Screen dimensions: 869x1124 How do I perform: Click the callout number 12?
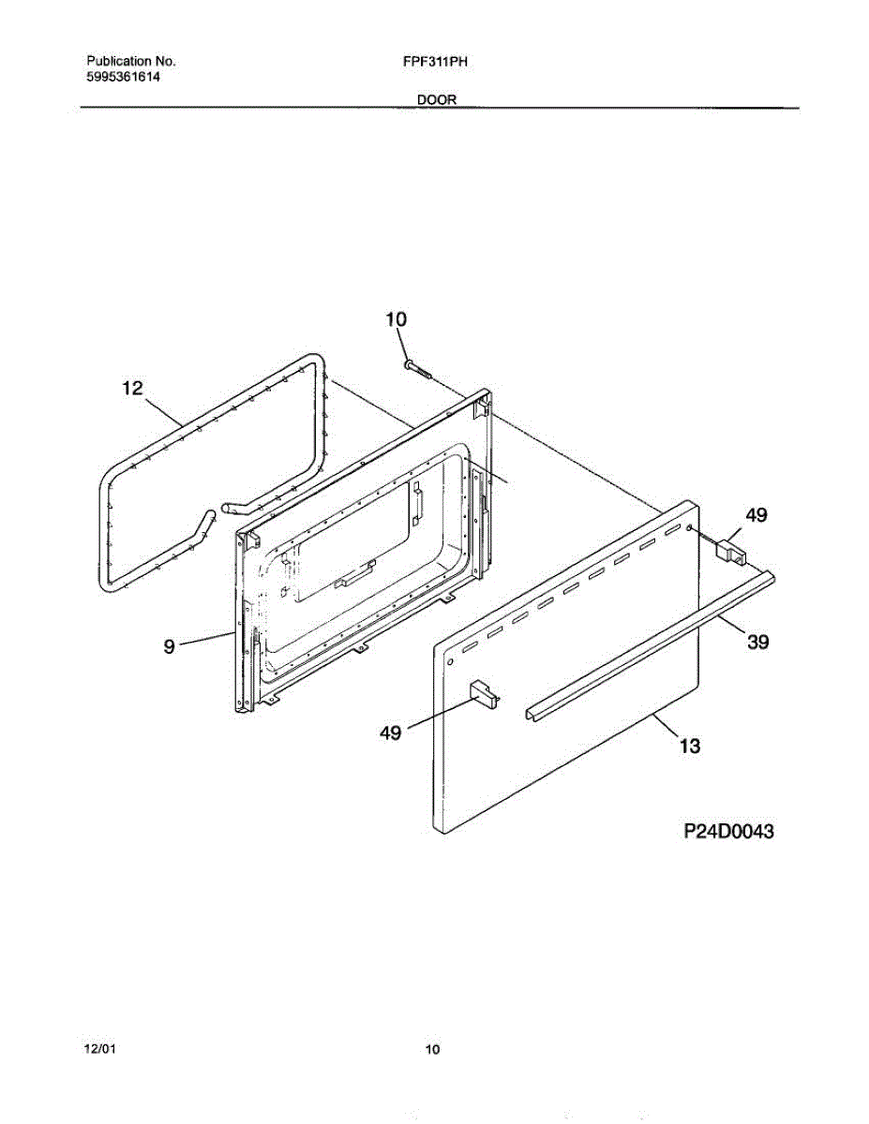[132, 388]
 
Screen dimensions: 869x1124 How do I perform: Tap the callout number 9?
[170, 646]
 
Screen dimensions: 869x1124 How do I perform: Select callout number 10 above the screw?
[396, 319]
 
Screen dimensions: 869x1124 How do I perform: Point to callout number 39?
[758, 642]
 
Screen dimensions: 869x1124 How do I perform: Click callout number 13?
[690, 746]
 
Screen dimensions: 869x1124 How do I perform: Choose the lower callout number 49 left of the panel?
[391, 732]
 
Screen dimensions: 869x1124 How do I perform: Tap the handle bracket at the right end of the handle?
[731, 551]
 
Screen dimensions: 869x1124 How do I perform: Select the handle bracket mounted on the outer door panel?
[484, 692]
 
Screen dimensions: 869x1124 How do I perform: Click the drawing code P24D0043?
[728, 831]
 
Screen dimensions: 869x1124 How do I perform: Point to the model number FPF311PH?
[435, 62]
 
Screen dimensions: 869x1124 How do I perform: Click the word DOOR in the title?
[437, 100]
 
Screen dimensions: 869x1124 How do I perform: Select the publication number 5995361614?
[123, 77]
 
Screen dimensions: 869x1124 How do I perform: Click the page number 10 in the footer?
[433, 1050]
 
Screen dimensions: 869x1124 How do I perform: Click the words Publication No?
[131, 61]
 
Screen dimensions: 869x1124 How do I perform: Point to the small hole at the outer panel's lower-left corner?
[450, 662]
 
